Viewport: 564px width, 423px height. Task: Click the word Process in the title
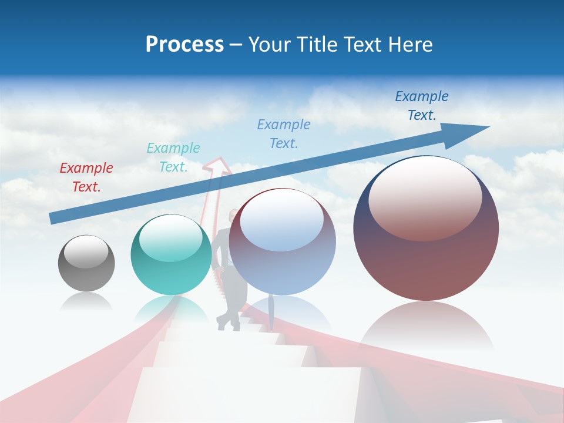click(184, 45)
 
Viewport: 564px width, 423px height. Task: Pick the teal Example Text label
click(173, 157)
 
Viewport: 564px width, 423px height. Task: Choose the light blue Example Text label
click(284, 133)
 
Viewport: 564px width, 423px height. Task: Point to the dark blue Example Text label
click(421, 106)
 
